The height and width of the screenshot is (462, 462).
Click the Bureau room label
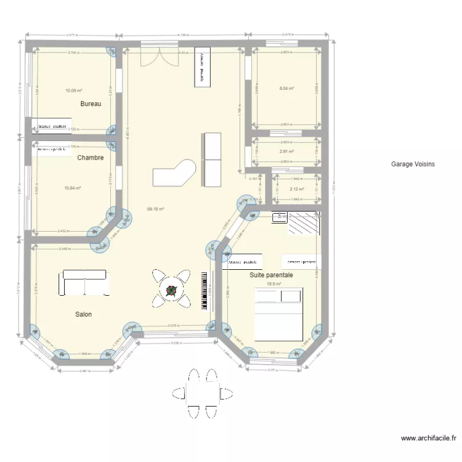click(91, 104)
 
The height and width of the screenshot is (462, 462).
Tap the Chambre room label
click(90, 158)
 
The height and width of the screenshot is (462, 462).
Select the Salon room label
click(84, 314)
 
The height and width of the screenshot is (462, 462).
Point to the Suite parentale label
click(271, 275)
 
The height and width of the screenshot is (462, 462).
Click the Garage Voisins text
click(413, 164)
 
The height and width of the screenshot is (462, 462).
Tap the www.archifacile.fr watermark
click(428, 439)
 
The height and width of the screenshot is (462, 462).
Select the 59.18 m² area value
click(155, 209)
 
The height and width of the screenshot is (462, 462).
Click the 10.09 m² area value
click(73, 91)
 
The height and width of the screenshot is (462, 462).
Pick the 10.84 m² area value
click(73, 188)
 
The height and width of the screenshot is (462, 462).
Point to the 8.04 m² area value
click(286, 89)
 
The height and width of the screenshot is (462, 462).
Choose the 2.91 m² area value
click(286, 152)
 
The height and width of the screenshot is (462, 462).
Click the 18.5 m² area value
click(274, 284)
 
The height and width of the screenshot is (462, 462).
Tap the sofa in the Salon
click(85, 282)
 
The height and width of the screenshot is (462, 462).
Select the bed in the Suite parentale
click(278, 316)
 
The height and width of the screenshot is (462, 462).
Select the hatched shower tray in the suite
click(302, 224)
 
